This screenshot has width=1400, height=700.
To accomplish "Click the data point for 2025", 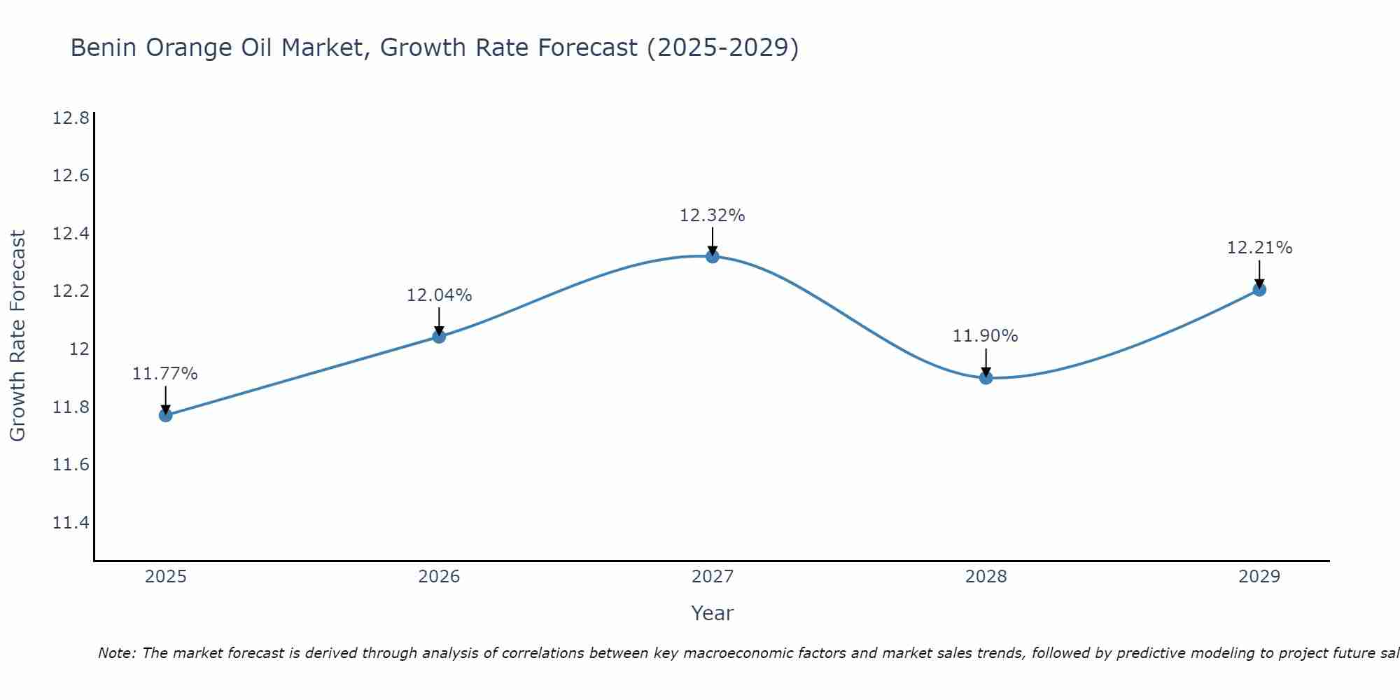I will [x=165, y=415].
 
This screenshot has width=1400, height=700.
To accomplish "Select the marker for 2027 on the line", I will [x=712, y=256].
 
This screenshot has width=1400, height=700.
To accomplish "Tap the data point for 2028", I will [x=986, y=378].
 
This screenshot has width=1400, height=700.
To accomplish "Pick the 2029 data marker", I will [x=1259, y=289].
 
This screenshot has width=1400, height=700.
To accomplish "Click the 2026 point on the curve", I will [x=439, y=337].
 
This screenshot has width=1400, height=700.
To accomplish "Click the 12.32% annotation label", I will [x=712, y=216].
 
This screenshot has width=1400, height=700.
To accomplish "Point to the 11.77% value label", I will [x=165, y=374].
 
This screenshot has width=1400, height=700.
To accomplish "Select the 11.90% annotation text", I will [x=985, y=336].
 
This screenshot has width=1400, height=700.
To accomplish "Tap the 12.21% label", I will [x=1259, y=248].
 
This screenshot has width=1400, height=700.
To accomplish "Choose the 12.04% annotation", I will [x=439, y=295].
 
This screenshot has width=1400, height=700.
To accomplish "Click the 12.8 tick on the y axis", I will [x=71, y=118].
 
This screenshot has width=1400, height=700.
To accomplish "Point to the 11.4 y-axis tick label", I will [x=71, y=523].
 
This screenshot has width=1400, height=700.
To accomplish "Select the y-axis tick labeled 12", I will [x=79, y=349].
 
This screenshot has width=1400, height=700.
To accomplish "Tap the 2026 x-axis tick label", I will [x=439, y=577].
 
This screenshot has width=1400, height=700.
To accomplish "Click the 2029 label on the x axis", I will [x=1259, y=577].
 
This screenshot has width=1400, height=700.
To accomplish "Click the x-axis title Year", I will [x=712, y=613].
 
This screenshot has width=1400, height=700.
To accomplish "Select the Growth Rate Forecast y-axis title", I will [x=17, y=336].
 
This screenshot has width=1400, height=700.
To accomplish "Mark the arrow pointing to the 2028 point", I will [x=986, y=363].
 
